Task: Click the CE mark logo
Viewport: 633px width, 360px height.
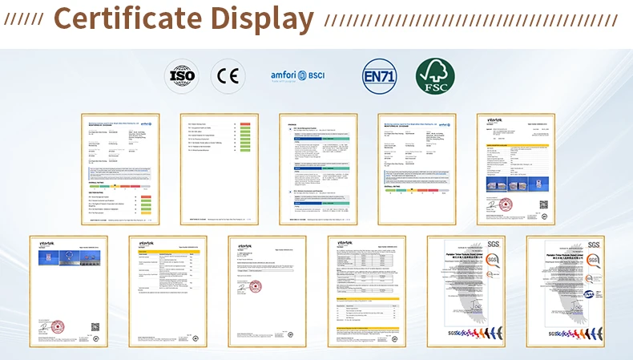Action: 226,76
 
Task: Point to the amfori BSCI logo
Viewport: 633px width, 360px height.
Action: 298,76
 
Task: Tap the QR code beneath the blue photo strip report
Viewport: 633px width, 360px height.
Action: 95,326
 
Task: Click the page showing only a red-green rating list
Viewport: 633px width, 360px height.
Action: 219,168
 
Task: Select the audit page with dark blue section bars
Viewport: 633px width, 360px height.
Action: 317,168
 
